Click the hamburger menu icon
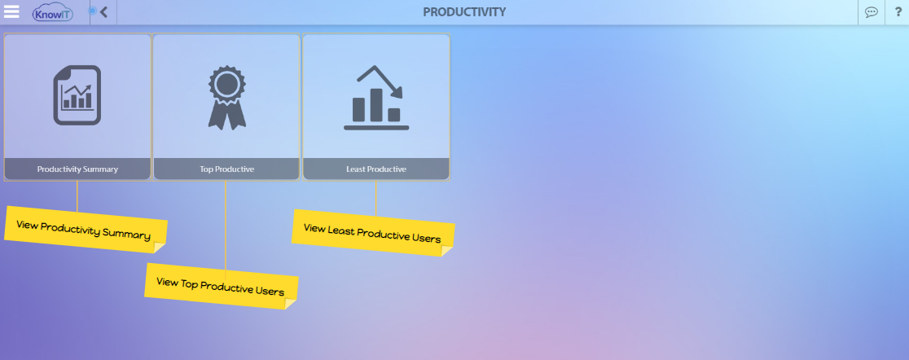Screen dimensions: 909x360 point(11,11)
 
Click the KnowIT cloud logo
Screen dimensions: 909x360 point(53,12)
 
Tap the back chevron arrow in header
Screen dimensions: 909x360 point(103,11)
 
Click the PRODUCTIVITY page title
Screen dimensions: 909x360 point(464,12)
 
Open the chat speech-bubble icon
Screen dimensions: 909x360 point(872,12)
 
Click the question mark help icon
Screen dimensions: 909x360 point(898,11)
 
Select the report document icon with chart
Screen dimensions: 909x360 point(77,95)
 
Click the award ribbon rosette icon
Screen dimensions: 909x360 point(226,97)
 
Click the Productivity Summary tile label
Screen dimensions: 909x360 point(77,169)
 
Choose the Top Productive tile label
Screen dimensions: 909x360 point(226,169)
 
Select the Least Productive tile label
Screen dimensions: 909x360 point(376,169)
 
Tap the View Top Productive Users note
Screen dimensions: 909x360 point(222,287)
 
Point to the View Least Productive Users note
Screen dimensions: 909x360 point(373,232)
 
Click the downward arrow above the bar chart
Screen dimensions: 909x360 point(380,80)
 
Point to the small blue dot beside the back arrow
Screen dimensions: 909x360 point(91,11)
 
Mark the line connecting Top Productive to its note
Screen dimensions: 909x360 point(226,225)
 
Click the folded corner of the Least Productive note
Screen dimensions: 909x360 point(446,250)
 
